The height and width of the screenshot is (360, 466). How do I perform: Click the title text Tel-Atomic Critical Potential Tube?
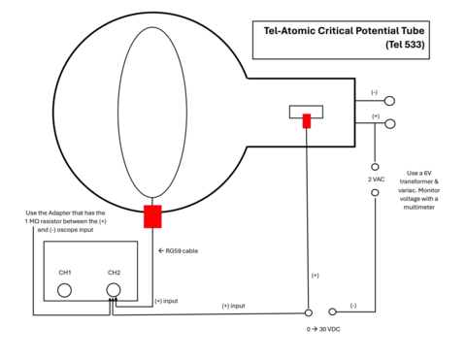click(x=344, y=30)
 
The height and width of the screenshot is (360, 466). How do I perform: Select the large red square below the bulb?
click(x=152, y=215)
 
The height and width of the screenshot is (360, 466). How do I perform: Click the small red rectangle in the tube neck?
click(x=307, y=121)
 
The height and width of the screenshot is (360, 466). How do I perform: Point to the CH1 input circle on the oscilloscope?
click(x=65, y=289)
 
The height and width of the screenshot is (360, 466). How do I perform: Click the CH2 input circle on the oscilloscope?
click(x=114, y=289)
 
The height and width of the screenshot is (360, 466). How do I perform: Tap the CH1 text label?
click(x=65, y=273)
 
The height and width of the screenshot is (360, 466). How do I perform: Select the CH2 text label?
click(x=114, y=273)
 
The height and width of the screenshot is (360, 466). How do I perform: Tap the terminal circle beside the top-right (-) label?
click(x=389, y=100)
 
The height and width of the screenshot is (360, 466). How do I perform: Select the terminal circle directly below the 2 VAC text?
click(x=374, y=193)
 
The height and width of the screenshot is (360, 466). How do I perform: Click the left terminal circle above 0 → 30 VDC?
click(x=308, y=311)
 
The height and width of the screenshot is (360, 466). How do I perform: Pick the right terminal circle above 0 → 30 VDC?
click(x=332, y=311)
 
